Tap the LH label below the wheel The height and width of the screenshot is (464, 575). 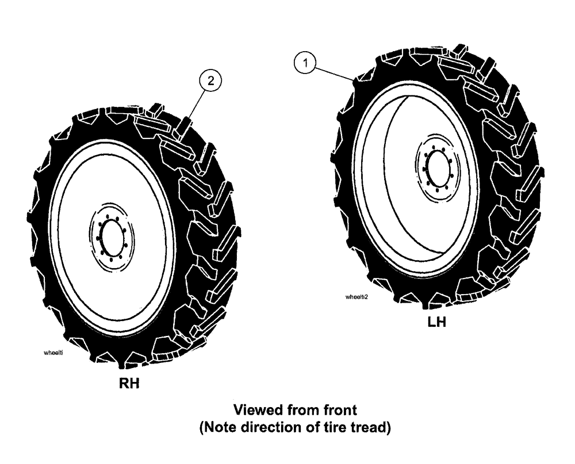pos(436,322)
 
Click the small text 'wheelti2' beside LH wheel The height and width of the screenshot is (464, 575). pos(356,297)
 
